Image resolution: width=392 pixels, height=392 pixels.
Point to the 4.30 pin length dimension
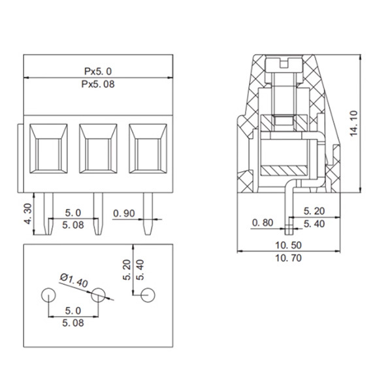click(28, 212)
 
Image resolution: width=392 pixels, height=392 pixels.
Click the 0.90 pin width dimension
click(125, 213)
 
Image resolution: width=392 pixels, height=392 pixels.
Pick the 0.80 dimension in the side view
click(262, 223)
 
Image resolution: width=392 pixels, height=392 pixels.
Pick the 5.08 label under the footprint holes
click(73, 322)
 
